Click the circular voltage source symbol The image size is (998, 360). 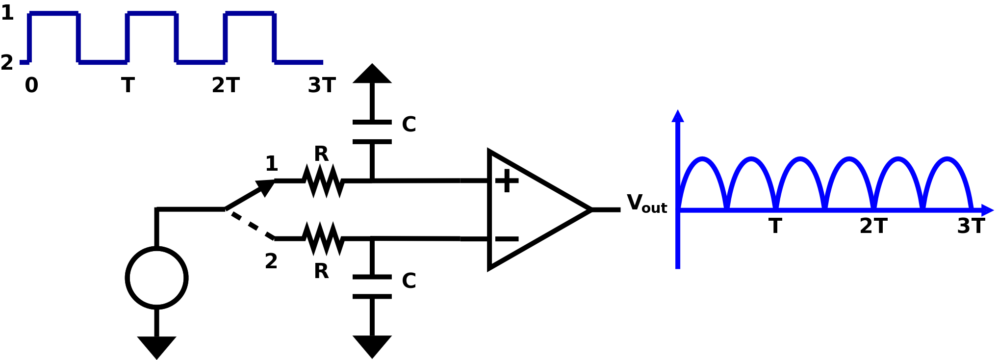(x=156, y=278)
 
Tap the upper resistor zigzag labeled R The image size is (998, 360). (x=323, y=181)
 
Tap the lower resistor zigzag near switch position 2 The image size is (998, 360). (x=323, y=239)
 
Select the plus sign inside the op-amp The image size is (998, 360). (x=507, y=181)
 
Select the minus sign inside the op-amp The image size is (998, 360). (x=507, y=239)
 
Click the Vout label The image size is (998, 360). (x=646, y=204)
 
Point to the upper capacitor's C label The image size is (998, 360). (x=409, y=125)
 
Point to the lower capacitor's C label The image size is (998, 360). (x=409, y=281)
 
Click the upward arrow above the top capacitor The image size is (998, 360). (x=372, y=75)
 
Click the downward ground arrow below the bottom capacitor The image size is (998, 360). (x=372, y=346)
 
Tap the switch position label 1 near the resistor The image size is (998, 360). (x=271, y=164)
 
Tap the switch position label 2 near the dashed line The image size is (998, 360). (x=271, y=261)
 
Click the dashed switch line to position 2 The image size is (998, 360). (x=249, y=225)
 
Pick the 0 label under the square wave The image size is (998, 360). (x=31, y=85)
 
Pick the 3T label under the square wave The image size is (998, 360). (x=322, y=85)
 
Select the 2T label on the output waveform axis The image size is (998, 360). (x=873, y=227)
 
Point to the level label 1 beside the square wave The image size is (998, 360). (x=7, y=13)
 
